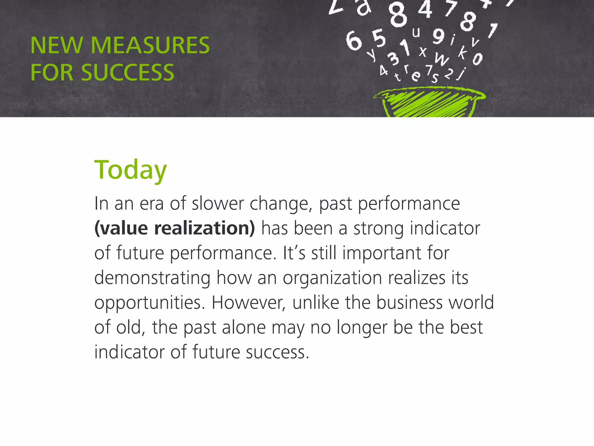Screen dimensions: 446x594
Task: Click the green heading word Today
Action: pyautogui.click(x=131, y=170)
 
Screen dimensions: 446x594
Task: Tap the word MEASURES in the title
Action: pyautogui.click(x=150, y=46)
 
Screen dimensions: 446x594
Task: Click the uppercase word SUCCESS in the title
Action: pyautogui.click(x=127, y=73)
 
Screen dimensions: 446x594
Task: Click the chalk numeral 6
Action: pyautogui.click(x=354, y=41)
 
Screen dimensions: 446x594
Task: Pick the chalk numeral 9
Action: pyautogui.click(x=439, y=36)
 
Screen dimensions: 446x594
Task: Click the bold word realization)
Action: pyautogui.click(x=204, y=228)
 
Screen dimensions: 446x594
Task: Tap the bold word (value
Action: pyautogui.click(x=121, y=228)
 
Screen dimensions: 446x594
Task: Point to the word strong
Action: pyautogui.click(x=378, y=229)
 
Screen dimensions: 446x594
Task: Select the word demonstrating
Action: pyautogui.click(x=152, y=278)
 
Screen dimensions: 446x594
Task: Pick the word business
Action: pyautogui.click(x=410, y=303)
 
